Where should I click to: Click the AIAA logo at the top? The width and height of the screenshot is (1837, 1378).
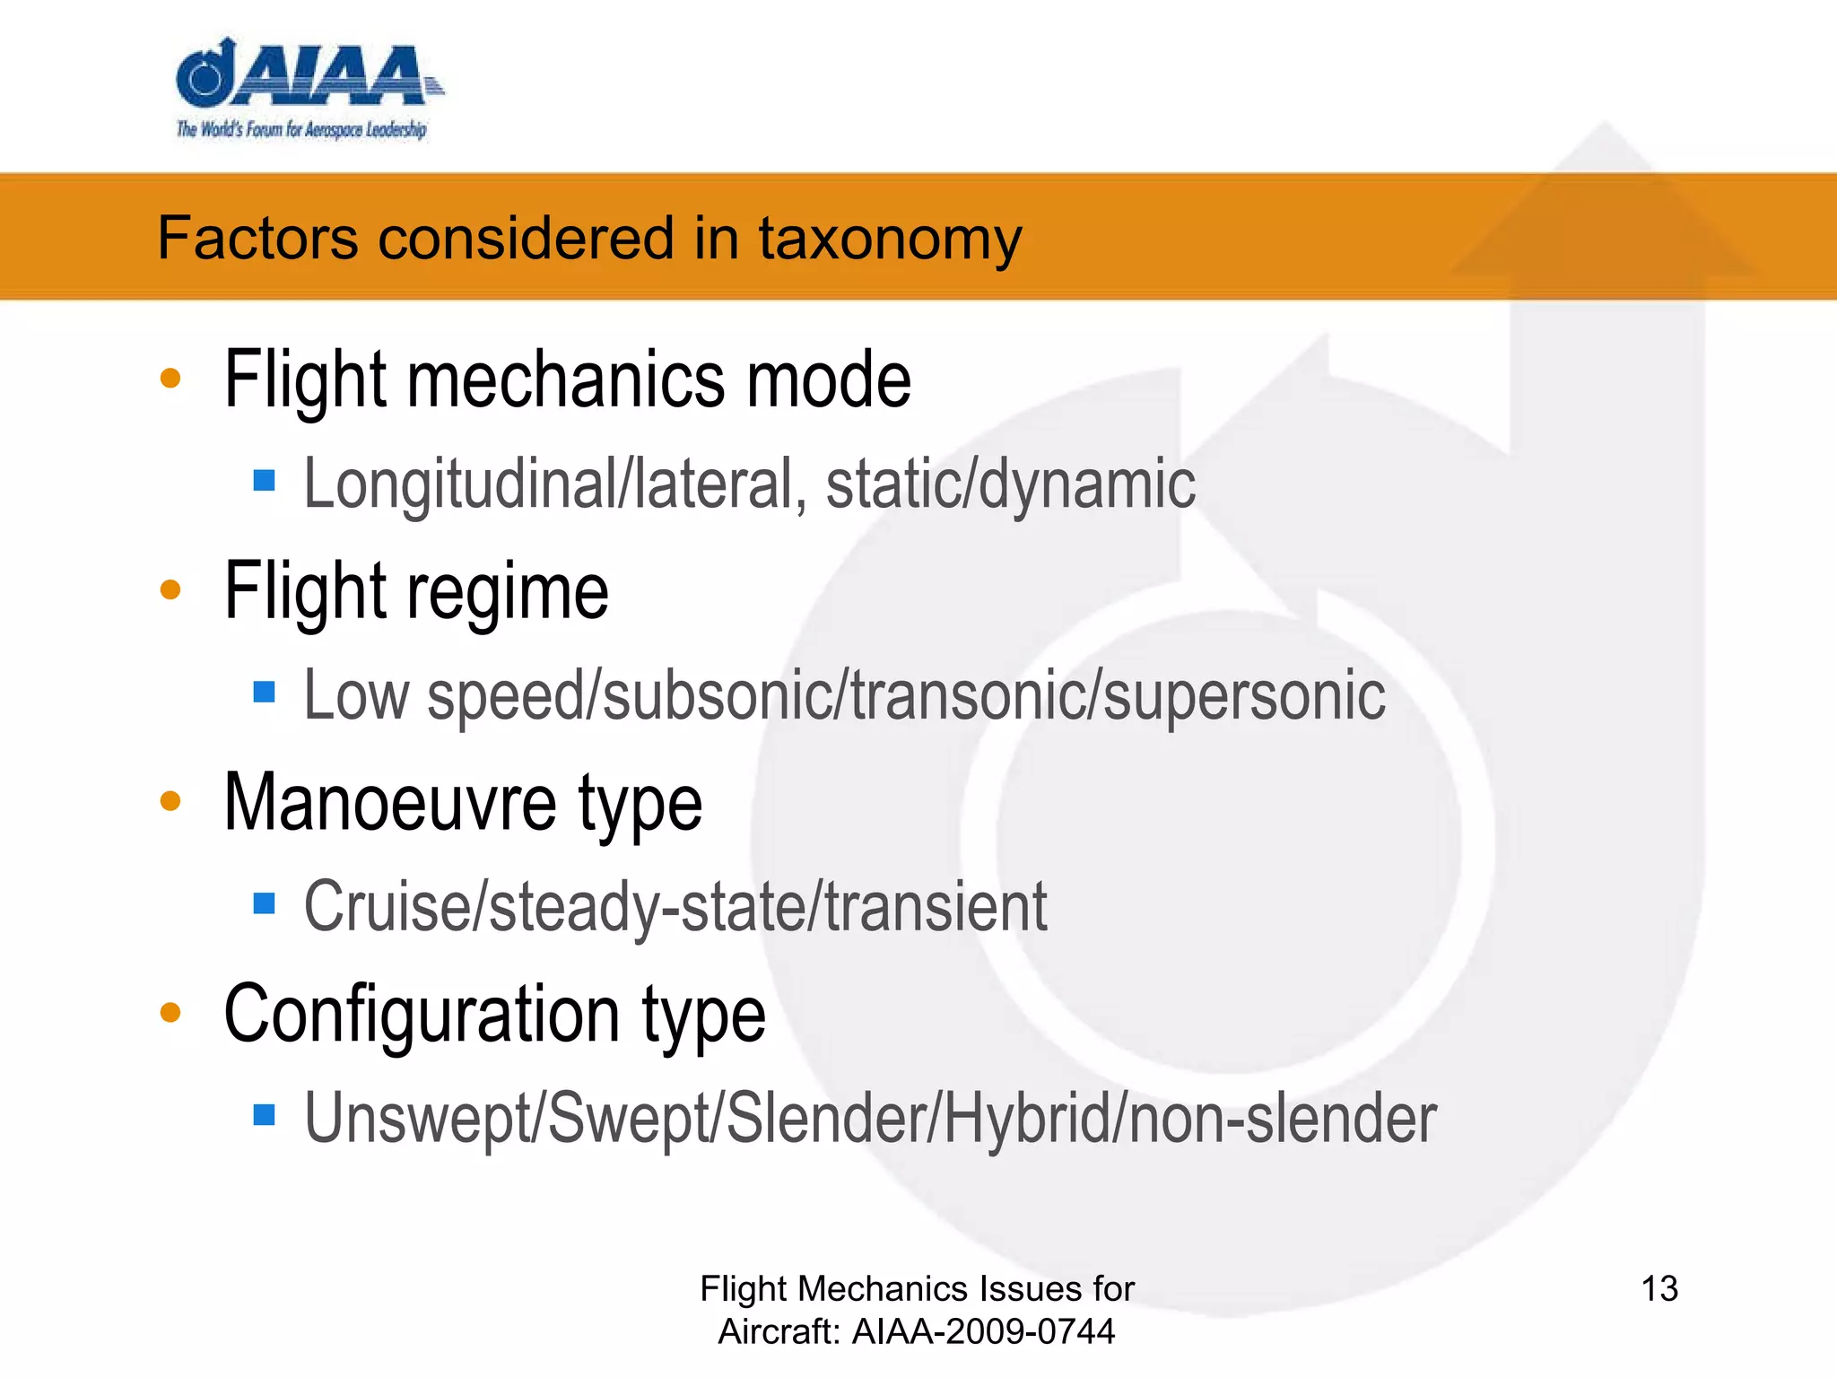(x=305, y=90)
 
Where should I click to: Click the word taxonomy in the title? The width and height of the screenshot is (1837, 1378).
(x=890, y=240)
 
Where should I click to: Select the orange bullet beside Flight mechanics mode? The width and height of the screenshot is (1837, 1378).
(x=170, y=379)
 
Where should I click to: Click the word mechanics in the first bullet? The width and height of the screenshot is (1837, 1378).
(x=565, y=379)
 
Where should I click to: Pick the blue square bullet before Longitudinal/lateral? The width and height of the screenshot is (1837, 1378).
(x=264, y=481)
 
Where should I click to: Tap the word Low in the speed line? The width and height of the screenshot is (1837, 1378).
(x=355, y=695)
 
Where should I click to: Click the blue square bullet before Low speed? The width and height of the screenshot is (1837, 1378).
(x=264, y=692)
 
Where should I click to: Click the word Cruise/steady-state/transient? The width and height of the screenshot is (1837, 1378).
(x=675, y=907)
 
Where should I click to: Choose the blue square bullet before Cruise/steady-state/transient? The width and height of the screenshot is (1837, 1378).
(x=264, y=903)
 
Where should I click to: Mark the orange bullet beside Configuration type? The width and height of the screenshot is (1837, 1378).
(x=170, y=1013)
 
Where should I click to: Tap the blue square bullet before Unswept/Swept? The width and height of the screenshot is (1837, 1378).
(x=264, y=1114)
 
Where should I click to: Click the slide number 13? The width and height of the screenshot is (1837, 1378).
(x=1659, y=1289)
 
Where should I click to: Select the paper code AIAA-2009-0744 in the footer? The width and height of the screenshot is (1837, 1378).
(x=983, y=1331)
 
